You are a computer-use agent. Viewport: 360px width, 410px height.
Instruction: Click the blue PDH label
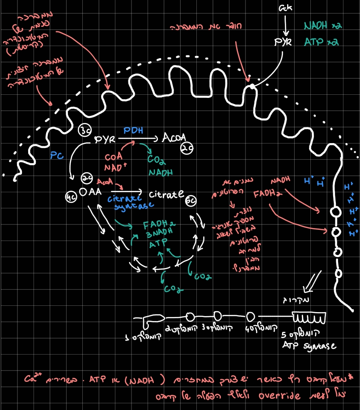click(133, 130)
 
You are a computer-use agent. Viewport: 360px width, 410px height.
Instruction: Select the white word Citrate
click(166, 194)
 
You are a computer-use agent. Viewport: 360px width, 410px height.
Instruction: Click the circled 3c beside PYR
click(85, 131)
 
